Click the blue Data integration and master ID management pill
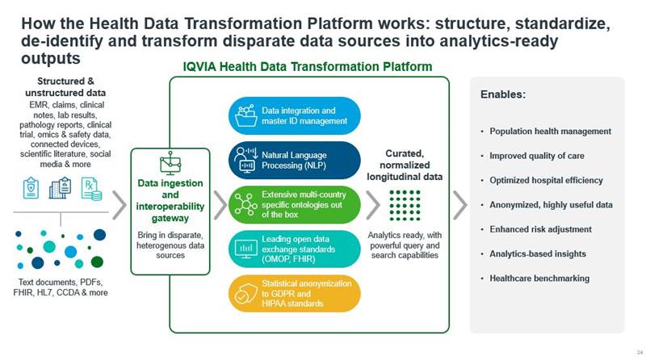coord(294,115)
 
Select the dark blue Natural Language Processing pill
coord(294,161)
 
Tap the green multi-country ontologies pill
coord(294,205)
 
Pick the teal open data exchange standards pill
coord(294,249)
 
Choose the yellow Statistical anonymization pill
coord(294,293)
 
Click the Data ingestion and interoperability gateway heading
coord(170,201)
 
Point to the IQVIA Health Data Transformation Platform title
coord(308,67)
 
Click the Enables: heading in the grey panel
coord(502,94)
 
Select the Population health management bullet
coord(550,132)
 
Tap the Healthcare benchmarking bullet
coord(539,278)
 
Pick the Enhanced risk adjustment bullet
coord(540,229)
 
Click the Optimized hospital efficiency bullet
coord(546,181)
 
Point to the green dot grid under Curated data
coord(405,205)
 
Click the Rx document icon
coord(91,189)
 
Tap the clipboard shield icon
coord(31,188)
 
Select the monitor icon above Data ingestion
coord(170,164)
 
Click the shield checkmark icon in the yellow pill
coord(245,294)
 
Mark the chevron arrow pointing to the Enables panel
coord(460,205)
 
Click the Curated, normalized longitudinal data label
coord(405,165)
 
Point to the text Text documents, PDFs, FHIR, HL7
coord(61,287)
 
